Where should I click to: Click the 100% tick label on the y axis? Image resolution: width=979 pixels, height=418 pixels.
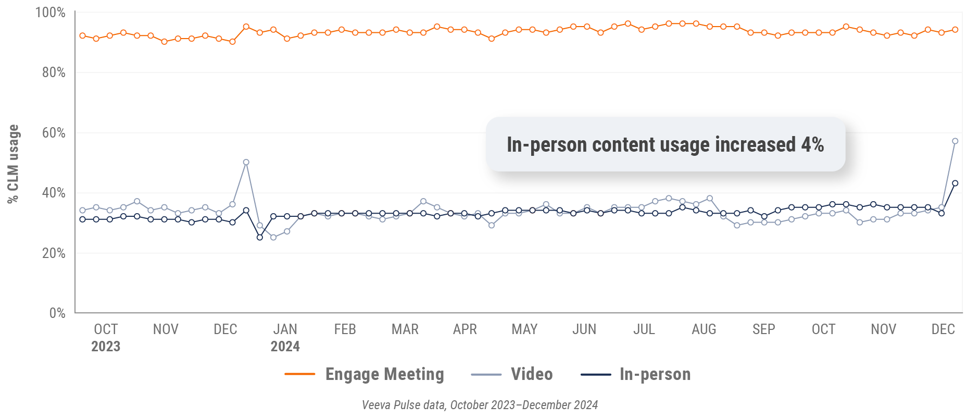click(51, 13)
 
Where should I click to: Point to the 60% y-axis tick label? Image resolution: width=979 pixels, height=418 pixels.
click(54, 133)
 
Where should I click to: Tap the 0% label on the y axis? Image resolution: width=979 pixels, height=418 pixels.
click(57, 313)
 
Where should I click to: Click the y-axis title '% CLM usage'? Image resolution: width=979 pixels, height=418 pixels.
click(13, 164)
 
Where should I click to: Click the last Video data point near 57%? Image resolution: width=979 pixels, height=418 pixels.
click(955, 141)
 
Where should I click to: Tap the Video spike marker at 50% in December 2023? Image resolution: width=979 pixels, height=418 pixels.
click(246, 162)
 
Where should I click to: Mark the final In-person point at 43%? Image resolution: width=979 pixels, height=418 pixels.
click(955, 183)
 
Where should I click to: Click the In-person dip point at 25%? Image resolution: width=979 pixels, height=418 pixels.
click(260, 238)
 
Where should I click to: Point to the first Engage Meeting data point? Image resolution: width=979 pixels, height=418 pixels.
click(83, 36)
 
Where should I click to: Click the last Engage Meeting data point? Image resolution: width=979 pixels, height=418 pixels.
click(955, 30)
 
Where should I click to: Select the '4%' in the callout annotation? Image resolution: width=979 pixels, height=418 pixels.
click(812, 144)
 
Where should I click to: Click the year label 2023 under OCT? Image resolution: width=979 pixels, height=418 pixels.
click(106, 347)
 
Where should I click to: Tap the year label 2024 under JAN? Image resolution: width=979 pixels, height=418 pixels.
click(285, 347)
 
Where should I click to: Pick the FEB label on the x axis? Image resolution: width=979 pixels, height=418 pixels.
click(345, 329)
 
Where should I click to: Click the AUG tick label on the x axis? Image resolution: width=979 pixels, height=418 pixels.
click(704, 329)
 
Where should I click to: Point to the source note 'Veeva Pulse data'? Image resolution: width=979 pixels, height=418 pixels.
click(404, 405)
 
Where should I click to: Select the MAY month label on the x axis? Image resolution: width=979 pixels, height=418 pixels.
click(524, 329)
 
